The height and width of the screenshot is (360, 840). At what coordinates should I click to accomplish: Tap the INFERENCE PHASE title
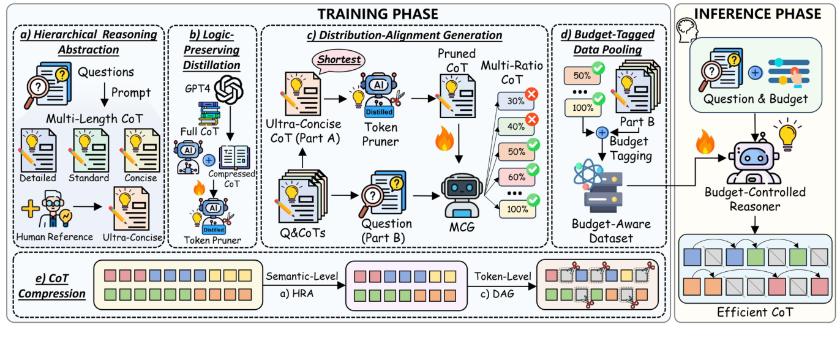coord(757,13)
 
